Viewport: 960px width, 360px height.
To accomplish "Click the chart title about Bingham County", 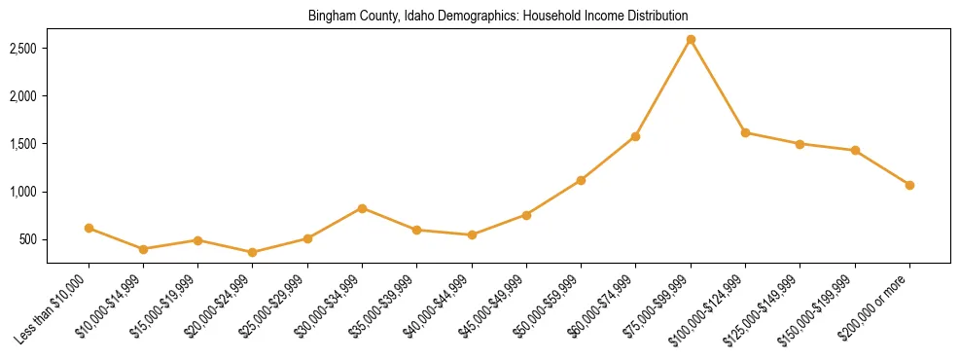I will pos(497,16).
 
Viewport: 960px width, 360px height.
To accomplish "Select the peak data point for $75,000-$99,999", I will pos(691,40).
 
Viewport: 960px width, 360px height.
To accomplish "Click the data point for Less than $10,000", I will pos(89,228).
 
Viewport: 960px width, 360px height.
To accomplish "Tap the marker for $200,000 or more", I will pos(909,185).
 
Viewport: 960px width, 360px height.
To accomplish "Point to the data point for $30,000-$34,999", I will pos(362,208).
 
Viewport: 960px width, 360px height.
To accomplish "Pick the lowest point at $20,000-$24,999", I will pos(253,252).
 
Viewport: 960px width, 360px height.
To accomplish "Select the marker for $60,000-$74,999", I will pos(635,136).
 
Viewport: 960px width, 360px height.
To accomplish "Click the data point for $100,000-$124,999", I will pos(745,132).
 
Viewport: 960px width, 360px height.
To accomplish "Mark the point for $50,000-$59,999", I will pos(581,180).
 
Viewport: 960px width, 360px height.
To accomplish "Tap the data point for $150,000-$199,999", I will pos(855,150).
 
